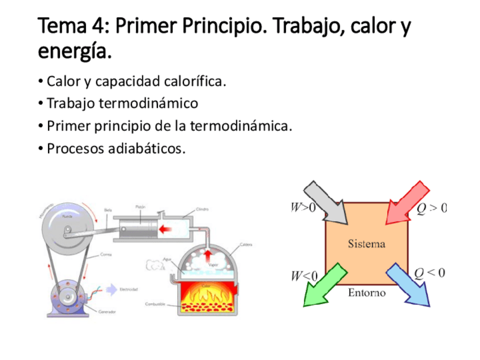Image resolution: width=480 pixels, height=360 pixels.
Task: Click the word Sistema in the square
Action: click(x=366, y=244)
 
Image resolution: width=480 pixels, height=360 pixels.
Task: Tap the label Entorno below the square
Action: click(x=366, y=293)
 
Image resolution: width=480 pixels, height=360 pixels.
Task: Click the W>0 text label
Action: click(x=303, y=208)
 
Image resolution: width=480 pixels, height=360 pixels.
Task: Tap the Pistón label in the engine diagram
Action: click(x=141, y=207)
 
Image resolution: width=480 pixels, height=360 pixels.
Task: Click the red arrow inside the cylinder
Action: click(x=166, y=229)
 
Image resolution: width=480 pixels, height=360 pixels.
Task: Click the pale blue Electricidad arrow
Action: click(x=111, y=289)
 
